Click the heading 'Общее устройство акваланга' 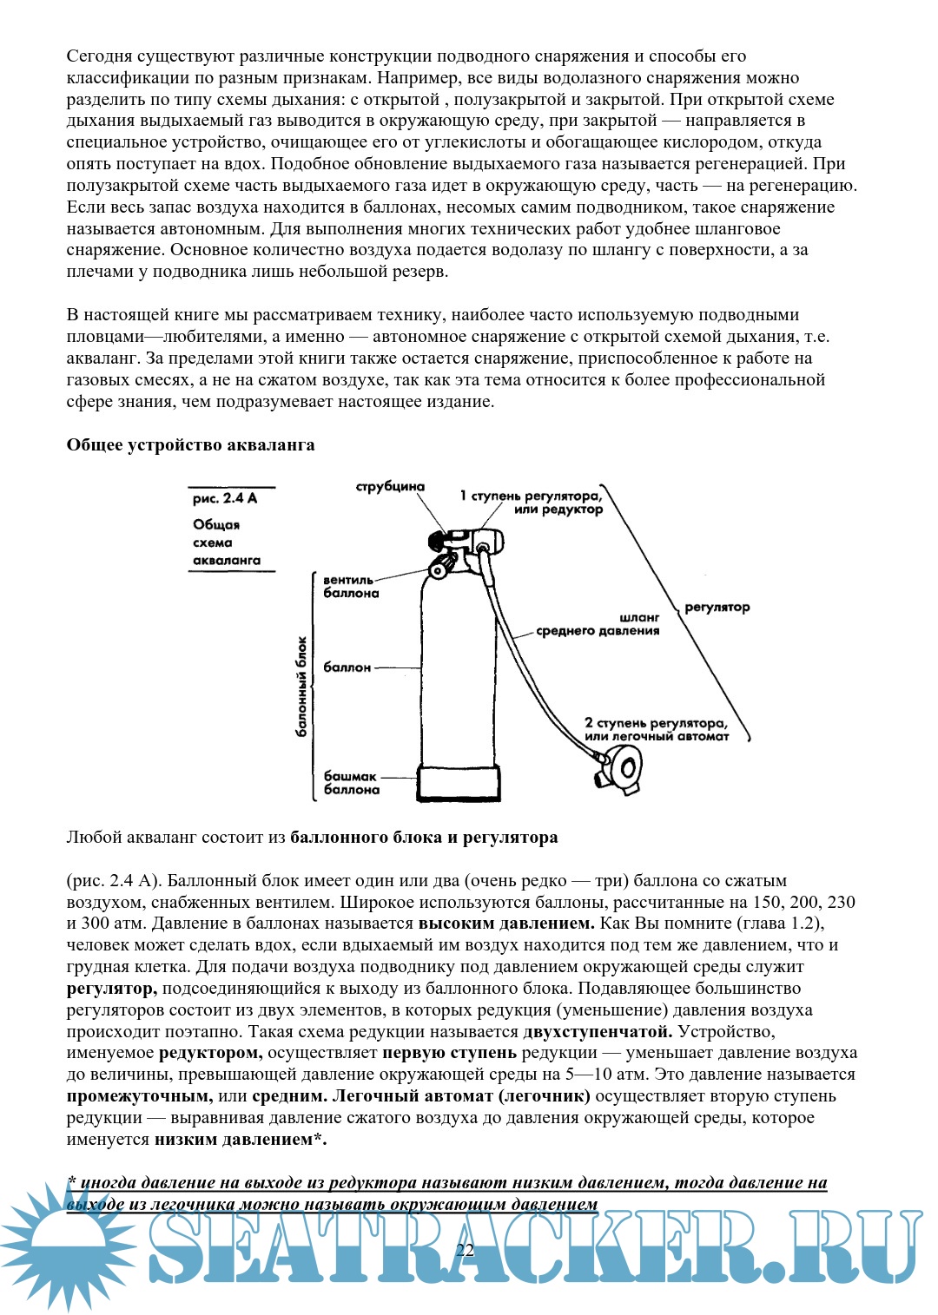pos(190,445)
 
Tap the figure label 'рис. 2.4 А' pos(225,498)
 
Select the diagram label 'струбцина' pos(390,487)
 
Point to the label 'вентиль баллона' pos(351,587)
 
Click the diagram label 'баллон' pos(347,667)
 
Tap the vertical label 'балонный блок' pos(301,687)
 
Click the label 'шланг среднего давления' pos(599,624)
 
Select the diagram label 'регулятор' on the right pos(717,608)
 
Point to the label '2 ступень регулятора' pos(657,729)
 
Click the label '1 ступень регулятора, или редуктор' pos(532,503)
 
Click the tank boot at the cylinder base pos(459,781)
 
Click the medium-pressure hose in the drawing pos(521,651)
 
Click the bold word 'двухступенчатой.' pos(598,1032)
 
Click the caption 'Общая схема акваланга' pos(227,542)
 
